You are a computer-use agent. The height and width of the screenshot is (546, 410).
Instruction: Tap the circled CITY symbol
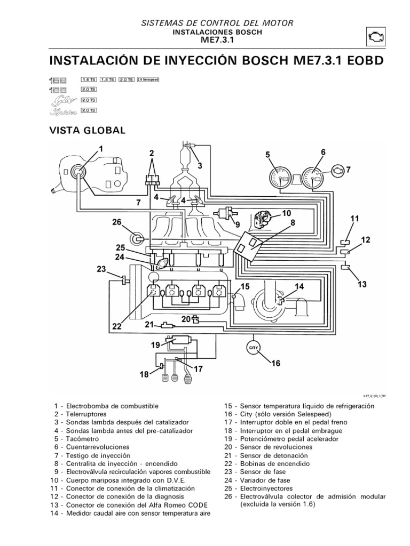(254, 348)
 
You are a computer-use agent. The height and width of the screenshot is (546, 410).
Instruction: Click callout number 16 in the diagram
(275, 364)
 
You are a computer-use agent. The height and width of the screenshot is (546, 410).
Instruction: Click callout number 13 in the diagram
(362, 285)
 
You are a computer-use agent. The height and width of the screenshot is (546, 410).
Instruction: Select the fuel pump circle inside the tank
(78, 171)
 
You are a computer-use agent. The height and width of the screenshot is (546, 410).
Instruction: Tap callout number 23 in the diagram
(101, 270)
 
